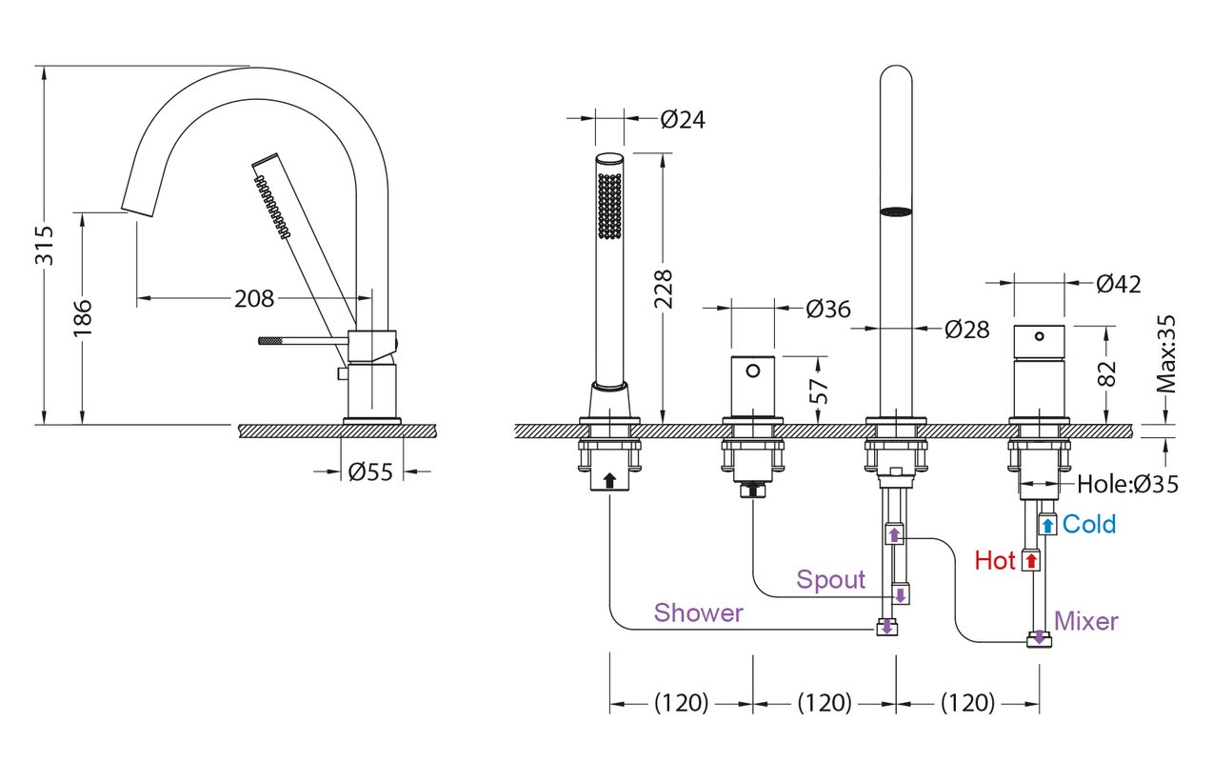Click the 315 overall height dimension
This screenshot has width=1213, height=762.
click(x=45, y=246)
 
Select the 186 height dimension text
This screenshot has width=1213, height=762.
click(x=83, y=317)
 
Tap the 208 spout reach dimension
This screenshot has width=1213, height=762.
click(x=254, y=298)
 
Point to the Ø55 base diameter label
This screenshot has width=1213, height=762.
click(x=370, y=471)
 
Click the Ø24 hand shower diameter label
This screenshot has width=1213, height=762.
click(x=683, y=120)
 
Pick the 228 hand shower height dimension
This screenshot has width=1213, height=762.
click(x=663, y=290)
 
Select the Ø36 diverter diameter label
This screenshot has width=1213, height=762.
click(x=828, y=309)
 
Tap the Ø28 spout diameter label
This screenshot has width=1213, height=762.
click(x=967, y=330)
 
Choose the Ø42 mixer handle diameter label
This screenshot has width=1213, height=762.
click(x=1119, y=284)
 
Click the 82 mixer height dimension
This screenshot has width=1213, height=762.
click(x=1107, y=373)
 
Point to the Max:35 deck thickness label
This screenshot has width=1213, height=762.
click(x=1166, y=354)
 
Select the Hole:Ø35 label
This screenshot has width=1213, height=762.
click(x=1127, y=484)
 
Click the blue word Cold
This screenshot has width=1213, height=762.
click(x=1089, y=524)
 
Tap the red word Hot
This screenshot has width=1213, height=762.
click(x=995, y=560)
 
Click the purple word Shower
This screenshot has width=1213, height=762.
click(x=699, y=612)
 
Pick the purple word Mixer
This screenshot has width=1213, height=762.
click(x=1085, y=621)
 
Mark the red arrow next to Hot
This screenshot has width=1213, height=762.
click(x=1030, y=560)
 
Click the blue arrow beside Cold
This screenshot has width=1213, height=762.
click(x=1048, y=526)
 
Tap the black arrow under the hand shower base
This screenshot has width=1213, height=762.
click(x=609, y=480)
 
